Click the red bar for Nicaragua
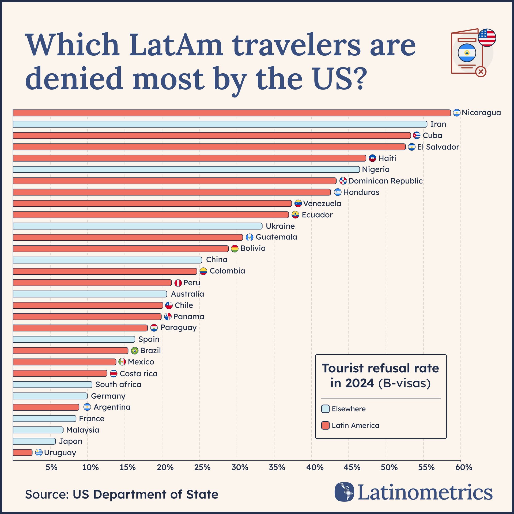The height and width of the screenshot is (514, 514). pos(232,113)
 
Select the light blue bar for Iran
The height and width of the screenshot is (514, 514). pos(220,124)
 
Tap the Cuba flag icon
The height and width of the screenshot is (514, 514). pos(417,135)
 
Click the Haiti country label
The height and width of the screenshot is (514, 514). pos(387,158)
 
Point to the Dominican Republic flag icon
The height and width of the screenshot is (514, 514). pos(343,181)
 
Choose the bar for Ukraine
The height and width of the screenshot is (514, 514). pos(138,226)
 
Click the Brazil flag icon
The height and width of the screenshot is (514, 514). pos(135,350)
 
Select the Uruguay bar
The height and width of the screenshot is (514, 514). pos(22,452)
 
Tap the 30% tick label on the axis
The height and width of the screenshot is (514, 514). pos(240,467)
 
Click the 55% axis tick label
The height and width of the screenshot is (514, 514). pos(426,467)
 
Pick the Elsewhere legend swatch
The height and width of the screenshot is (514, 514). pos(325,409)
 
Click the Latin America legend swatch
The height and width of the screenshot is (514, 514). pos(325,425)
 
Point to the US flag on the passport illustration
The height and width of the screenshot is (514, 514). pos(487,38)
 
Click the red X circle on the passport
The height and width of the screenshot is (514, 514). pos(481,71)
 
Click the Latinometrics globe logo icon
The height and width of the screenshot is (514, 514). pos(344,492)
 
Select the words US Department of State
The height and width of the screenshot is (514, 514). pos(145,494)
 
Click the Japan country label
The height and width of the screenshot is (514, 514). pos(70,441)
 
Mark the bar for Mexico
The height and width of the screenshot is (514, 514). pos(64,362)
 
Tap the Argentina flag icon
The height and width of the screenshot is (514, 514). pos(87,407)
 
